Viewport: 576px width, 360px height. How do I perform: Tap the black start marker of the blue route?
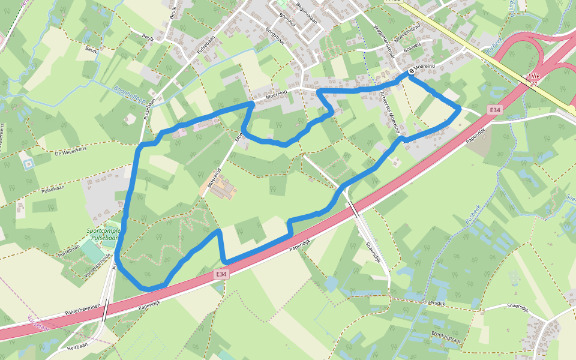pos(412,73)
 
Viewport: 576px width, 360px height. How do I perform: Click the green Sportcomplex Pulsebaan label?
pos(103,234)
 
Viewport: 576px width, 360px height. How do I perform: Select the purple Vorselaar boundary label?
pos(36,323)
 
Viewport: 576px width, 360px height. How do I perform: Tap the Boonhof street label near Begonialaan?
pos(288,23)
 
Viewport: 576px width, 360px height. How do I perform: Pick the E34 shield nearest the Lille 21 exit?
pos(494,110)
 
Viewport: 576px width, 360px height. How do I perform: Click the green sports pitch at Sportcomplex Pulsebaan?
pos(93,251)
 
